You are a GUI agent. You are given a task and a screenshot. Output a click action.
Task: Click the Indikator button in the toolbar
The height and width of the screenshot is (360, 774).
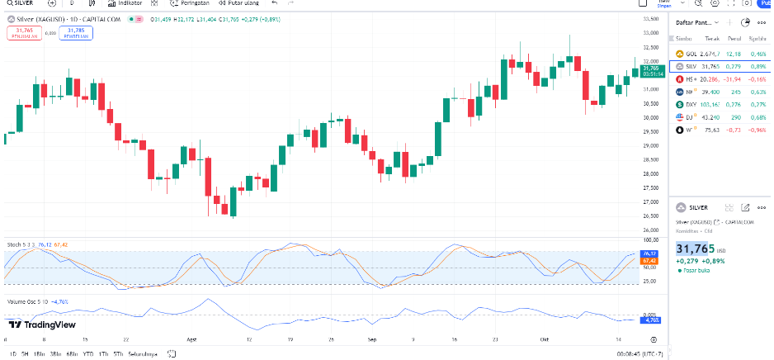click(x=125, y=3)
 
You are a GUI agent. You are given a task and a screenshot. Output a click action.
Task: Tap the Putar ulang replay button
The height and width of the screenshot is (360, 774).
click(x=241, y=3)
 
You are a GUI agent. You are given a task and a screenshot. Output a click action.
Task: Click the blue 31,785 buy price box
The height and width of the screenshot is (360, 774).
click(x=75, y=32)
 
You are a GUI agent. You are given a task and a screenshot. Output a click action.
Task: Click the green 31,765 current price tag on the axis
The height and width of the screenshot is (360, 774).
click(x=649, y=69)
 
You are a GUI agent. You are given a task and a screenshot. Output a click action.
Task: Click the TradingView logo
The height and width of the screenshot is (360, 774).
click(x=42, y=324)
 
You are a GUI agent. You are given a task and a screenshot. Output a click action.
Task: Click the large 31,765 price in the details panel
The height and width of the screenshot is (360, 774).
click(x=695, y=249)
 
